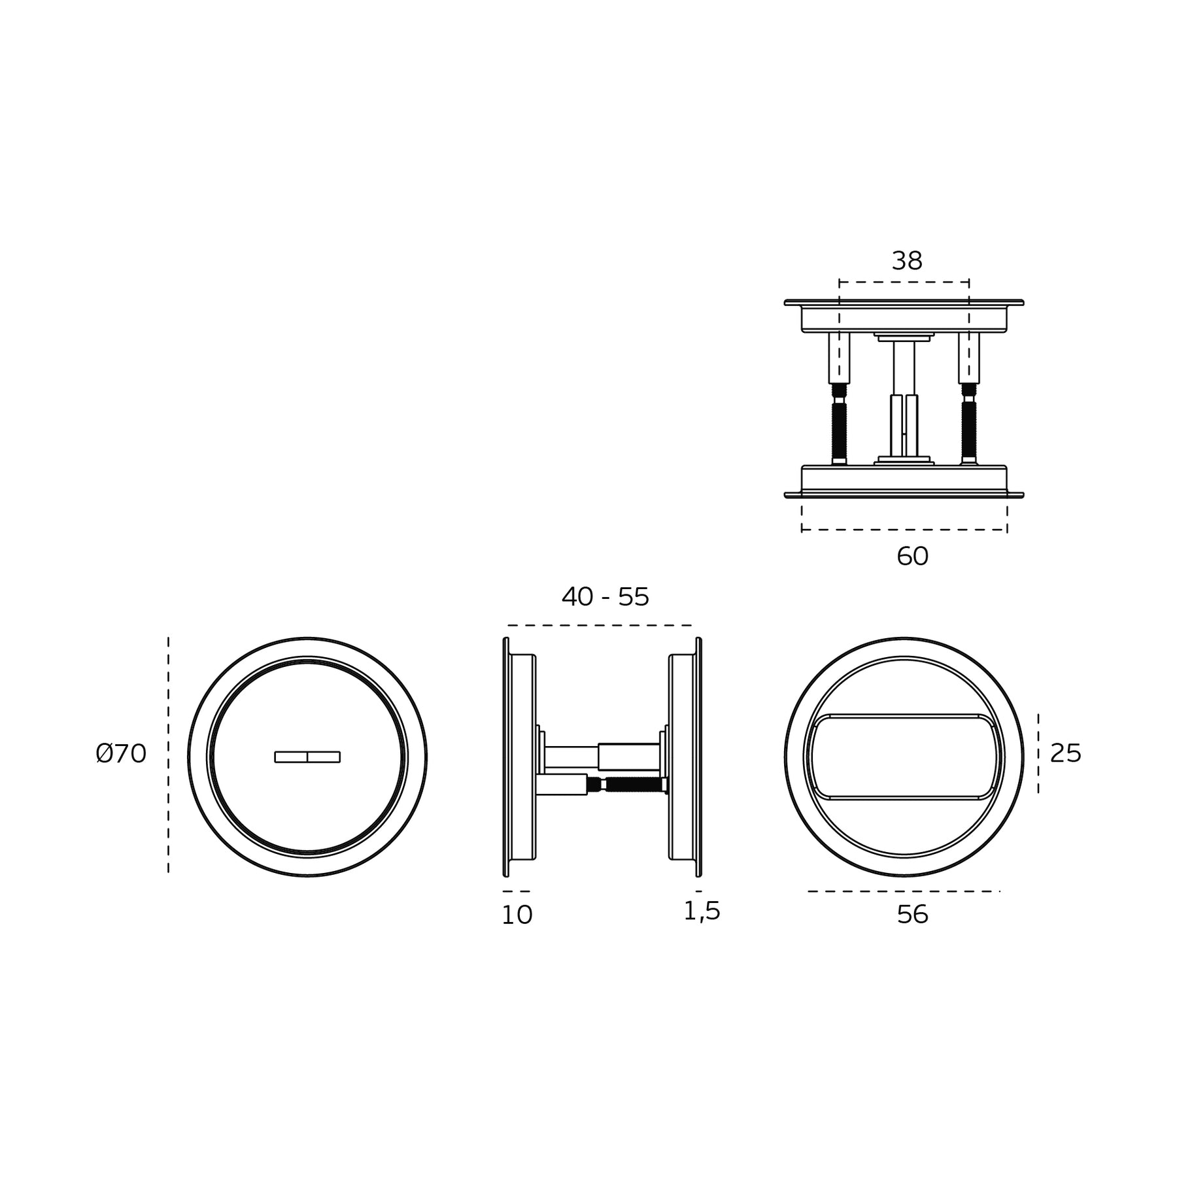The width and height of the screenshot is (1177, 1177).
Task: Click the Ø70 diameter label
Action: click(121, 754)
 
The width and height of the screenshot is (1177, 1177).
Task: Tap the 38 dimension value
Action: click(907, 261)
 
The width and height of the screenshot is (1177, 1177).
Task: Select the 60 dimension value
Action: click(912, 556)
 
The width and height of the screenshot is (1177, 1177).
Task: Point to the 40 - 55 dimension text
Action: click(606, 596)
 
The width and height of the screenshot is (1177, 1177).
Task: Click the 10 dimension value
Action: click(517, 915)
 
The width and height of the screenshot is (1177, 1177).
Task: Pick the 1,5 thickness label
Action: click(702, 912)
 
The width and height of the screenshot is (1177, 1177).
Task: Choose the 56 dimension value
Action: click(912, 915)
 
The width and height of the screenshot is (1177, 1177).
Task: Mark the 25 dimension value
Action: click(1066, 754)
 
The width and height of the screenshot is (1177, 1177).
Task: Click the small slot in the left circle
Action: click(307, 757)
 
